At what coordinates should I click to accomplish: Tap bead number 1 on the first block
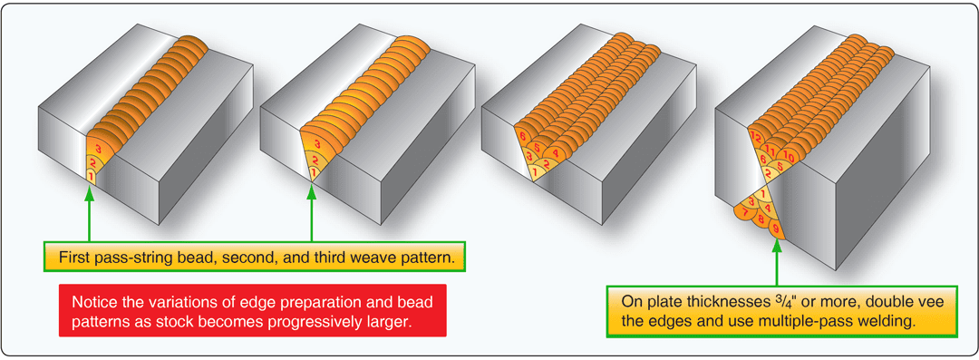pos(90,174)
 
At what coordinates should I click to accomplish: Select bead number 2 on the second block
pos(314,161)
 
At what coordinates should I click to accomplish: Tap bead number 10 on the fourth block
pos(791,158)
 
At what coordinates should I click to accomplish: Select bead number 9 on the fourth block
pos(776,234)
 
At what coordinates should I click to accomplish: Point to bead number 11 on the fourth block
pos(771,147)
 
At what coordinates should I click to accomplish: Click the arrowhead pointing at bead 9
pos(777,250)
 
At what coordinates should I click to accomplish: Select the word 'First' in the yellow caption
pos(74,258)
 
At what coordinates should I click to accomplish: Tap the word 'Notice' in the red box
pos(92,298)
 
